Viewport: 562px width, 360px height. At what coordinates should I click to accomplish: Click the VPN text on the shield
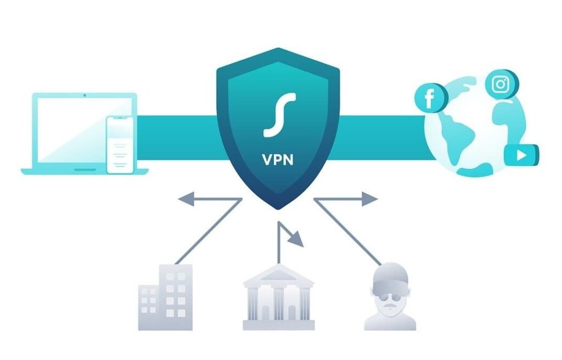(x=278, y=160)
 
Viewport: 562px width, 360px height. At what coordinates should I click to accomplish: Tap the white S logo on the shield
(x=279, y=115)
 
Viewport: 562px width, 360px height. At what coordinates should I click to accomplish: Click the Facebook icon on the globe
(x=430, y=98)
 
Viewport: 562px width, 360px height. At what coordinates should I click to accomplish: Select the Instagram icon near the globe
(x=502, y=85)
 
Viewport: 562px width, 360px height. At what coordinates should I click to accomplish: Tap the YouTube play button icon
(x=521, y=155)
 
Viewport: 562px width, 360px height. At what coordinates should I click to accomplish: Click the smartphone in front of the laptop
(x=120, y=145)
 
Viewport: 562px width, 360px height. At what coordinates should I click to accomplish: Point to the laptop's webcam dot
(x=85, y=95)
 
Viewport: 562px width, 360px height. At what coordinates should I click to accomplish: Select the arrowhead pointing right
(x=369, y=199)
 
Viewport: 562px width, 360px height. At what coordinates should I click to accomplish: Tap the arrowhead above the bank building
(x=296, y=239)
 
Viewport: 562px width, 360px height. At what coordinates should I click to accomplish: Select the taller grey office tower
(x=176, y=297)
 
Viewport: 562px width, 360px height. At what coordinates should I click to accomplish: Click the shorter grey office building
(x=148, y=308)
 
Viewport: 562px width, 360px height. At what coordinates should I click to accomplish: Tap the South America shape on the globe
(x=458, y=140)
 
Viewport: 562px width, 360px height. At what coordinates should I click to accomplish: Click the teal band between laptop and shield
(x=177, y=138)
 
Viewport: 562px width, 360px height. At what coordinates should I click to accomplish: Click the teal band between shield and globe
(x=382, y=138)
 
